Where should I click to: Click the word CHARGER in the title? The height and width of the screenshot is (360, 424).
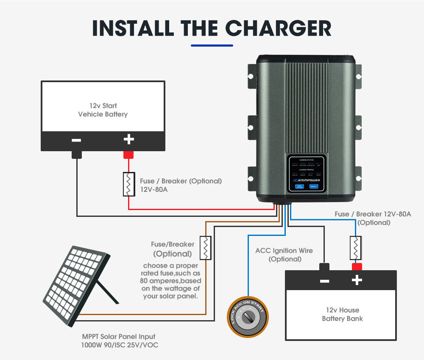pos(278,28)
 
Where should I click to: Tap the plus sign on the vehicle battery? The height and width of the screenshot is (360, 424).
pos(128,139)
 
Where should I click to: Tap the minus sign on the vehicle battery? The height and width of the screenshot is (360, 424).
pos(77,140)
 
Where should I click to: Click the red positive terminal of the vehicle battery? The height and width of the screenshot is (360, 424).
pos(128,155)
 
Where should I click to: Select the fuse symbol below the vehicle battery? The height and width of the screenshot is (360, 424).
pos(128,184)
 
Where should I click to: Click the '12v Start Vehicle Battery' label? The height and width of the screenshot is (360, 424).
pos(103,110)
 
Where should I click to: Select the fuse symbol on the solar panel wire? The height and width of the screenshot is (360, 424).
pos(206,248)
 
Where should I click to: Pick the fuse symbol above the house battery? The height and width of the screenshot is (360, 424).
pos(355,248)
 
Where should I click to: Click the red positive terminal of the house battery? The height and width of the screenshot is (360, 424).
pos(357,266)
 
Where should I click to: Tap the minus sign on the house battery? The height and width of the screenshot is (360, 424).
pos(324,280)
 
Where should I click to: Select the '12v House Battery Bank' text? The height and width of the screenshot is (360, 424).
pos(342,314)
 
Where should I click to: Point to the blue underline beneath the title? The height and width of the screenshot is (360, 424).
pos(212,45)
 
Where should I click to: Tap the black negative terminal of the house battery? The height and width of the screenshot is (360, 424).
pos(324,266)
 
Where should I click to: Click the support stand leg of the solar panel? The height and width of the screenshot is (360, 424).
pos(109,292)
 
